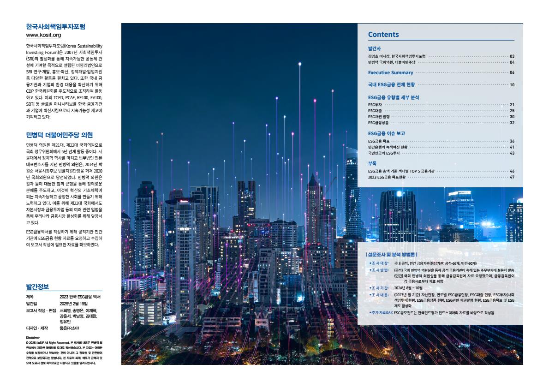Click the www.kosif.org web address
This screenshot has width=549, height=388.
point(44,35)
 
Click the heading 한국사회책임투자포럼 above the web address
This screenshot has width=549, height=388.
point(56,27)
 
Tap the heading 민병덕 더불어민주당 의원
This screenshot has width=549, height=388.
point(60,135)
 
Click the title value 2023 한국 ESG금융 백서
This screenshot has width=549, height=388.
point(80,297)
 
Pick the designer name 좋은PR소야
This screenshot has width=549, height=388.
point(70,328)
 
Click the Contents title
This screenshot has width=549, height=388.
point(383,35)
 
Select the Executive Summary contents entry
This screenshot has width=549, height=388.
point(391,72)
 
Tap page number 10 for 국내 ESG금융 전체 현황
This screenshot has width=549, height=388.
point(512,85)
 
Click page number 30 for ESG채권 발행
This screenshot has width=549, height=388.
point(512,117)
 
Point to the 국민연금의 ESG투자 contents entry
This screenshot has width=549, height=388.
point(383,153)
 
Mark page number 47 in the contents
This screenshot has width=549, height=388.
point(512,177)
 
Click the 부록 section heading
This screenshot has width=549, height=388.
point(372,164)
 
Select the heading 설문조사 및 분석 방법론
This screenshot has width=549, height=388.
point(391,254)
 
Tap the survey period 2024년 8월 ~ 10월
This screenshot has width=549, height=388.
point(408,287)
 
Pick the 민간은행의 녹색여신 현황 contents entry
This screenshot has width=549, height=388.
point(388,147)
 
